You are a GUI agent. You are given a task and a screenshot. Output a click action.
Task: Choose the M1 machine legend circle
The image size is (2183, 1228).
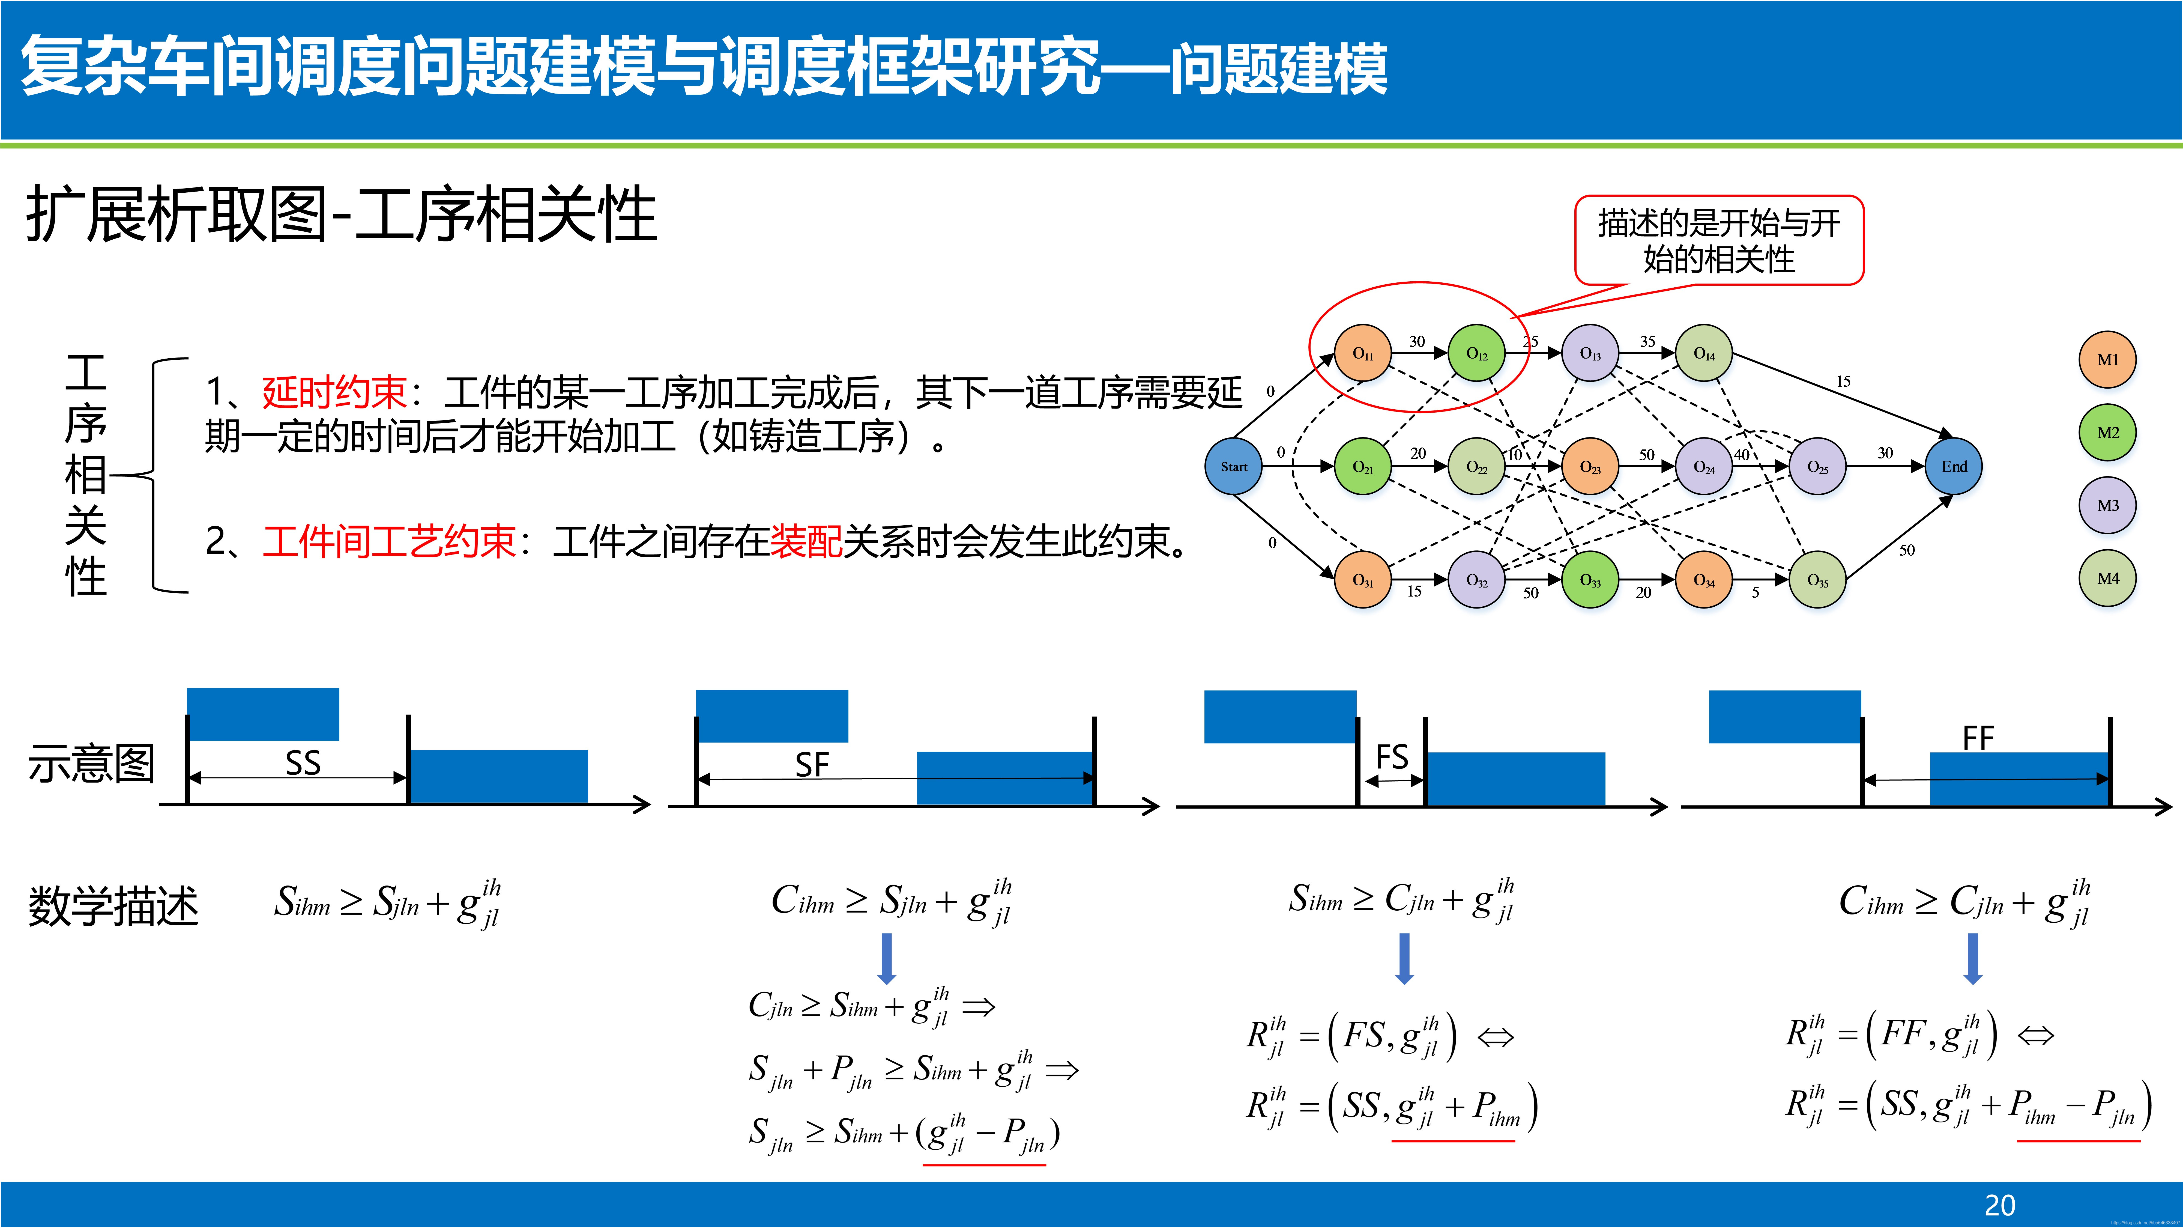point(2108,359)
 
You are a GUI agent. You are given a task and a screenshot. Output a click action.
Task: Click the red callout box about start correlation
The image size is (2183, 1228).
point(1719,241)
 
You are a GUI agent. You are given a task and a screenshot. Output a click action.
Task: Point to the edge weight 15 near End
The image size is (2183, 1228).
point(1843,381)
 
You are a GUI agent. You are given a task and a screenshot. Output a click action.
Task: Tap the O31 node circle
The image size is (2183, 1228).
point(1363,580)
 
